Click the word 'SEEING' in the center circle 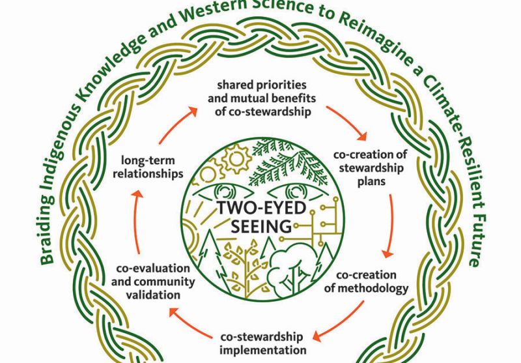260,227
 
